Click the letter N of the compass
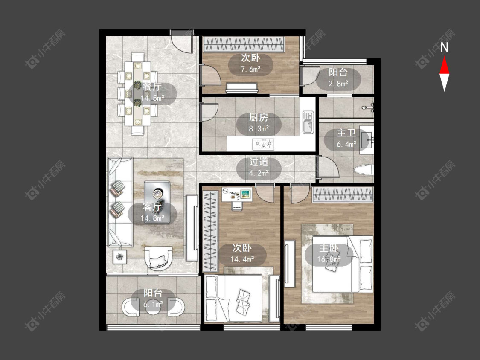(444, 47)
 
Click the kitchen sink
(308, 122)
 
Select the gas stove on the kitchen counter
(263, 144)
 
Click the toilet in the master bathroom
(364, 170)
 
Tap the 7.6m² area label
(250, 69)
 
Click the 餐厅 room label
(151, 87)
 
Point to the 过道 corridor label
(259, 162)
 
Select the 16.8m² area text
(329, 259)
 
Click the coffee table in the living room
(157, 202)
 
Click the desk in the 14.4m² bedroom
(237, 195)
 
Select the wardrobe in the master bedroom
(343, 195)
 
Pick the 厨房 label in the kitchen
(259, 118)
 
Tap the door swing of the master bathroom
(328, 167)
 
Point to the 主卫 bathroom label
(346, 133)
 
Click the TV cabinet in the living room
(192, 228)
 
